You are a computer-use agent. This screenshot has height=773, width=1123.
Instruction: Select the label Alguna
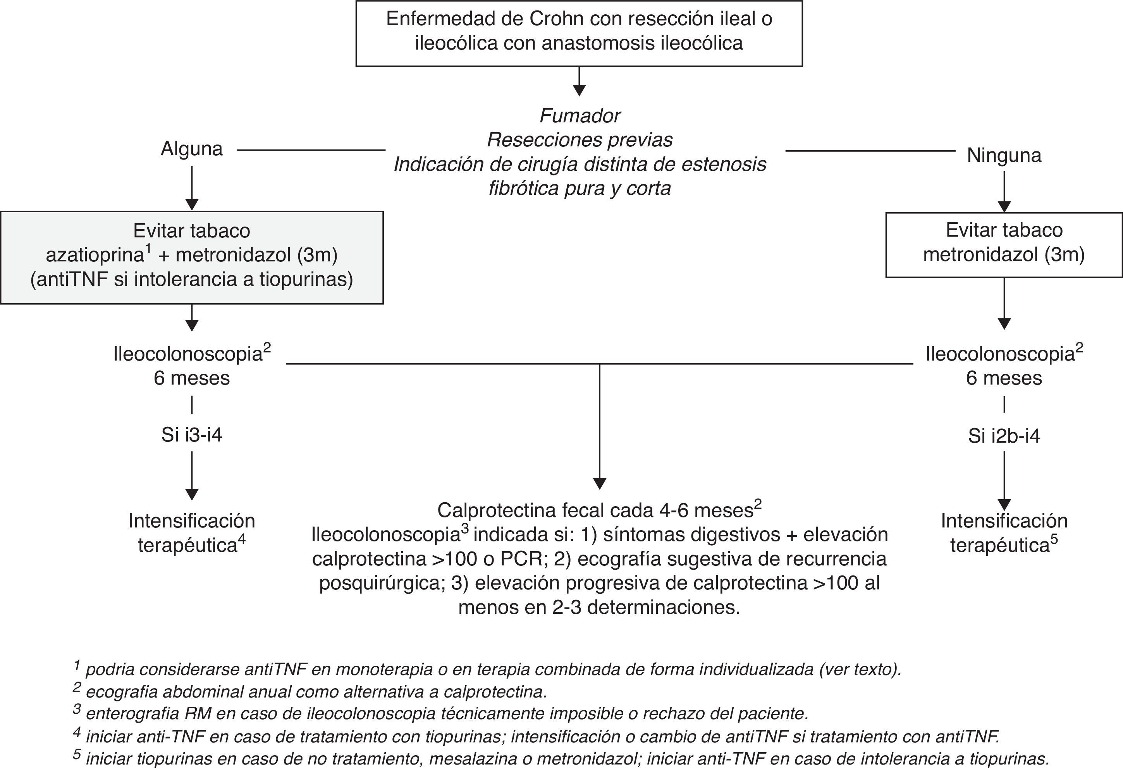(x=191, y=149)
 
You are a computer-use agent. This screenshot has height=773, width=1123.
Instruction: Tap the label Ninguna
(x=1004, y=155)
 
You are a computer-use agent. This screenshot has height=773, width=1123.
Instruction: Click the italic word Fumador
(x=580, y=116)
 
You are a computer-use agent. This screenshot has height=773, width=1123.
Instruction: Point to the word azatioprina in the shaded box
(x=95, y=255)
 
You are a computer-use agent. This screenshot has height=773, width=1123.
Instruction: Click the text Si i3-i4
(x=191, y=435)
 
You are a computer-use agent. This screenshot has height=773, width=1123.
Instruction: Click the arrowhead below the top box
(x=580, y=90)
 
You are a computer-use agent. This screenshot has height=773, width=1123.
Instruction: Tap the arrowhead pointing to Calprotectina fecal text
(x=600, y=483)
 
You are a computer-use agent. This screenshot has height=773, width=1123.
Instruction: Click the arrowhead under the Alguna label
(x=192, y=204)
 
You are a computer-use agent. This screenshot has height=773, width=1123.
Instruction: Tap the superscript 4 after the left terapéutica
(x=241, y=539)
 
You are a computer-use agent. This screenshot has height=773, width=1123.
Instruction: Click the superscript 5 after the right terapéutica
(x=1054, y=539)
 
